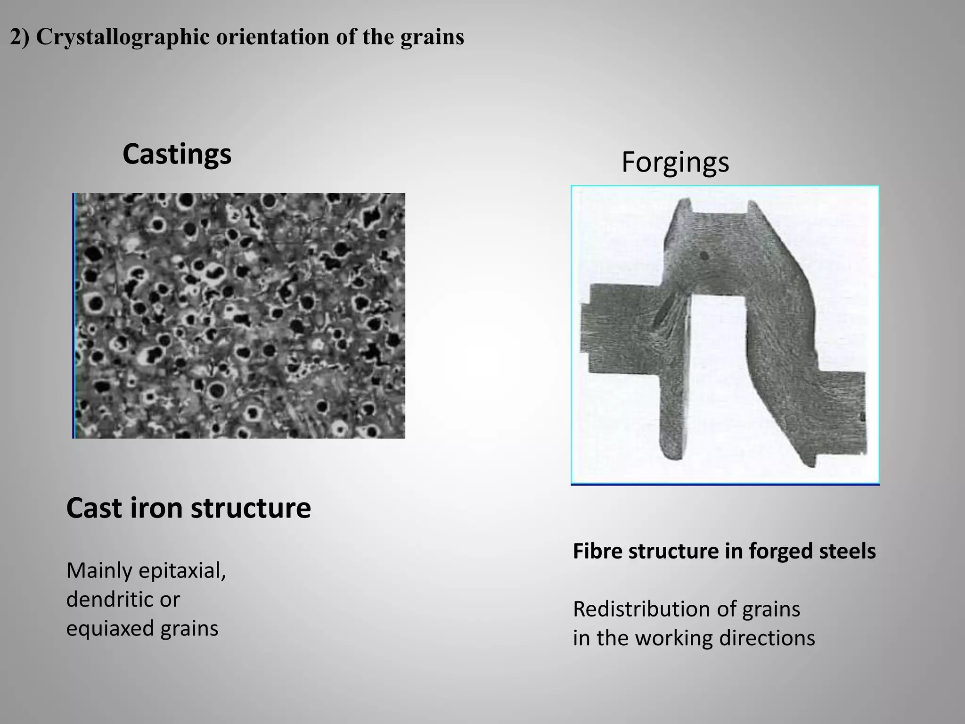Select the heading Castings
pos(177,154)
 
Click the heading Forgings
pos(675,162)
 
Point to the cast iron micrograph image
pos(239,315)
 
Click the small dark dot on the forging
pos(704,255)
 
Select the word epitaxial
pos(182,571)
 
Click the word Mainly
pos(99,571)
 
